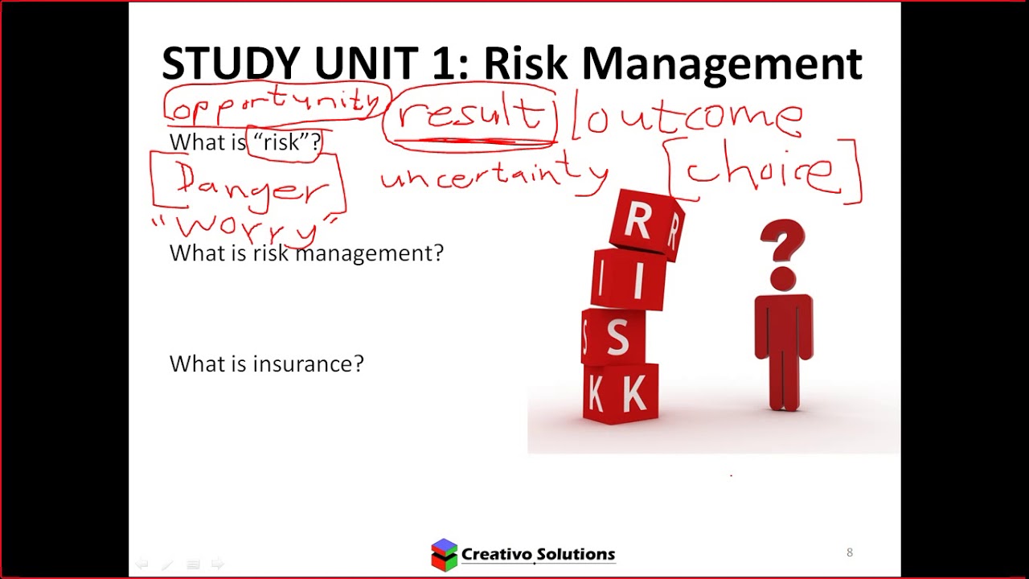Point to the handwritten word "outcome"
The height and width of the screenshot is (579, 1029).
point(691,117)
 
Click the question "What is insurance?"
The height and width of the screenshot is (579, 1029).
point(266,363)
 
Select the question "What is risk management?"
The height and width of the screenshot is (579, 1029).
point(306,253)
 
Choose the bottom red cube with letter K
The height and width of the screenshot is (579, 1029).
point(621,394)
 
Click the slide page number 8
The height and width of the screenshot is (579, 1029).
point(850,552)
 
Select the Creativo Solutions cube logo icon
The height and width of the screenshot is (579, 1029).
point(444,554)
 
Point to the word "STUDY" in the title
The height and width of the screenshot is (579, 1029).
point(231,64)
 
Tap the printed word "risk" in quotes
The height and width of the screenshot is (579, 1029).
point(281,143)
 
